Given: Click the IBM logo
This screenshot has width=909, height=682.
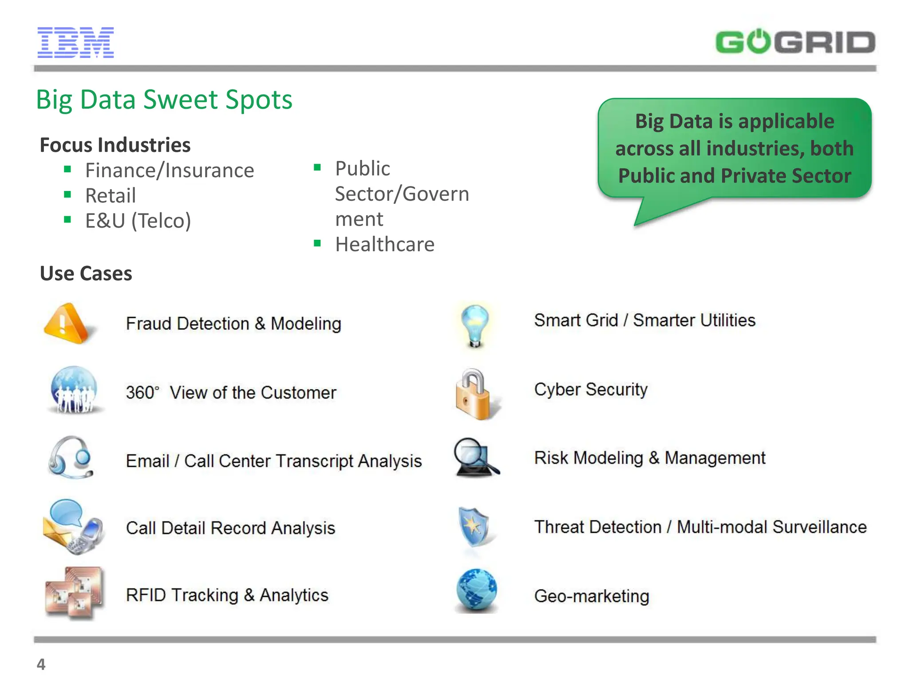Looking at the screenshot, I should pos(75,43).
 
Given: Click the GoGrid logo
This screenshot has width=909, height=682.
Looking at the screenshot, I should pos(795,43).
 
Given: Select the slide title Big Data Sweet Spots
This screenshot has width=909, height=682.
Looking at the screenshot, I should pos(164,99).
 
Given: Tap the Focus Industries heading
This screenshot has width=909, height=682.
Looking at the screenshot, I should pos(115,145).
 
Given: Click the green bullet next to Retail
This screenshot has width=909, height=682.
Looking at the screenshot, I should pos(67,194).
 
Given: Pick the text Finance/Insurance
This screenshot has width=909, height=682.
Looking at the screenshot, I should pos(170,170).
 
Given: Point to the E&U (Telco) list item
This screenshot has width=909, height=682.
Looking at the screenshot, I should pos(138,221).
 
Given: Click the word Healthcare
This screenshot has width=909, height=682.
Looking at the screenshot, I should pos(385,244).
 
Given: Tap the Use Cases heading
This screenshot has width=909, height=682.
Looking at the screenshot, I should pos(86,274).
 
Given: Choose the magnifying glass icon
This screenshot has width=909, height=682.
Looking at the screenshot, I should pos(475,457).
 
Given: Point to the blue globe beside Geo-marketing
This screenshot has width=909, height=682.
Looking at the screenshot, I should pos(476,591).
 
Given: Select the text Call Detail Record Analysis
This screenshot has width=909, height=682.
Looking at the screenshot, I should pos(230,528).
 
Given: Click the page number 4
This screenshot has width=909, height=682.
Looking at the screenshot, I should pos(41,664).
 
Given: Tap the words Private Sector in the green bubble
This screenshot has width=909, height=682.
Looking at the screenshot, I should pos(786,176).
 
